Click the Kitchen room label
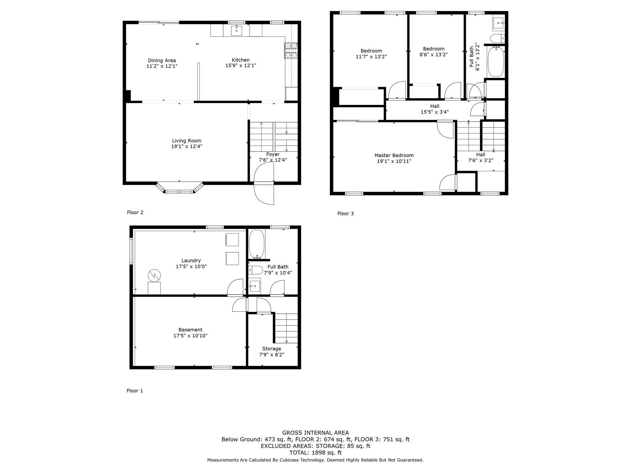coord(241,60)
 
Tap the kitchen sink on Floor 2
coord(236,31)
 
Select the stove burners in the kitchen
coord(291,51)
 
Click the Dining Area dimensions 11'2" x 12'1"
coord(162,66)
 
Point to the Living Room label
coord(187,141)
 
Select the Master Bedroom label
coord(394,156)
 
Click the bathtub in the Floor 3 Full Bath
coord(495,61)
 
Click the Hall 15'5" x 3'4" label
coord(434,109)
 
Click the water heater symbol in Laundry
coord(154,275)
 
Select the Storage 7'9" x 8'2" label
coord(271,352)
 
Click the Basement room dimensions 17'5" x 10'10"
coord(190,336)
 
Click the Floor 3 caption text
coord(345,213)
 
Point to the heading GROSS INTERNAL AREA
coord(315,433)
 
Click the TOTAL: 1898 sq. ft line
coord(315,453)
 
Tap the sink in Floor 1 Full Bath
coord(254,286)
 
